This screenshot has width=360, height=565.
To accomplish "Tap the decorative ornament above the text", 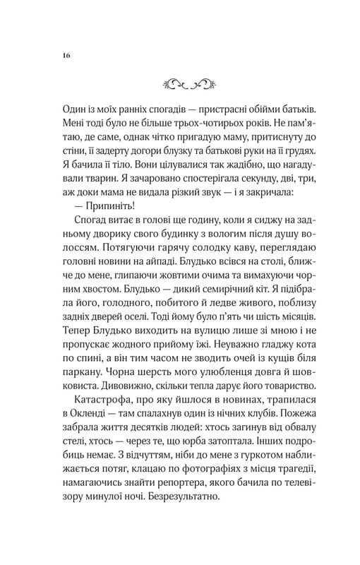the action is pos(179,83).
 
